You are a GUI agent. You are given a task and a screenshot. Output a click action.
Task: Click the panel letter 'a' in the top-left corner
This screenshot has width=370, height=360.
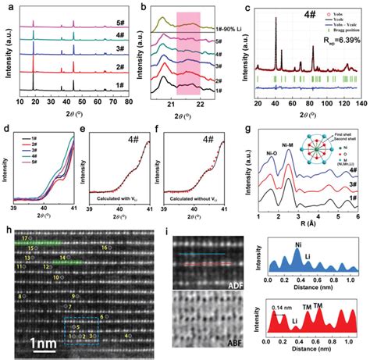tap(6, 7)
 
